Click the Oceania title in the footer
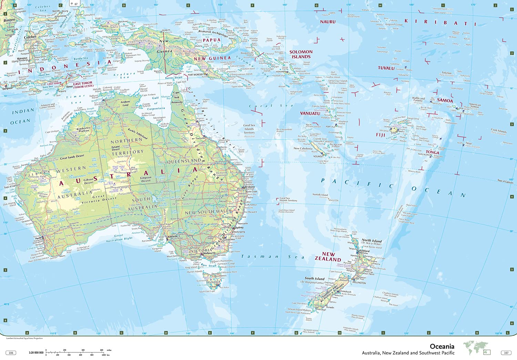point(442,346)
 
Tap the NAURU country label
point(327,22)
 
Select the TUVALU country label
point(386,68)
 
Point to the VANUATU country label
point(310,113)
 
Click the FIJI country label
point(381,135)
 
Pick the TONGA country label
point(432,152)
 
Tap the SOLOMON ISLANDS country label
point(301,54)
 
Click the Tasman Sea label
point(272,257)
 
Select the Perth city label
point(39,238)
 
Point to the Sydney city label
point(239,227)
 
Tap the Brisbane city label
point(250,187)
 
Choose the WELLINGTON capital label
point(359,283)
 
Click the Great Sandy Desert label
point(72,157)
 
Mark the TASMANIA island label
point(213,282)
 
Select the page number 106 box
point(11,353)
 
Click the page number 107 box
point(506,353)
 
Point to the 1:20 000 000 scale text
point(36,353)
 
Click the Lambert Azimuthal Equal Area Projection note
point(24,338)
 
